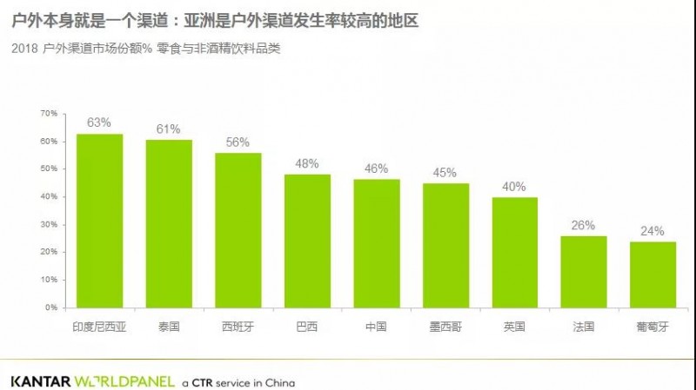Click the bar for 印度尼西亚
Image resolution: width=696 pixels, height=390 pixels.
coord(99,221)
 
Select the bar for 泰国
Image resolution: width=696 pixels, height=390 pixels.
coord(169,224)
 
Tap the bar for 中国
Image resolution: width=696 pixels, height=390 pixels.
coord(377,243)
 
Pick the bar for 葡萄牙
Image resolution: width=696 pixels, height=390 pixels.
coord(652,274)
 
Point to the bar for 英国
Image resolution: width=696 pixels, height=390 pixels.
coord(515,252)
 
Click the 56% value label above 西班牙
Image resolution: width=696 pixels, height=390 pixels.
coord(238,142)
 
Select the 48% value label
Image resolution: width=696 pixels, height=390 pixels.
coord(307,163)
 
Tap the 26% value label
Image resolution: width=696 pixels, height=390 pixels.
coord(583,225)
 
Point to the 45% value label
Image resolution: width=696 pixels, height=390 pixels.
coord(445,172)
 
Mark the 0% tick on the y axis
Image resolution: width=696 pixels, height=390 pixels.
coord(50,307)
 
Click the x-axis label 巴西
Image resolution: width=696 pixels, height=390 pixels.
coord(307,327)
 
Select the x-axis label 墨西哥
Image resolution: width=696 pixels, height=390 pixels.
coord(445,327)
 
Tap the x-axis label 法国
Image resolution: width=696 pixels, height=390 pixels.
coord(583,327)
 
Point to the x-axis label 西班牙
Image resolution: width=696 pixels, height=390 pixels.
coord(238,327)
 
